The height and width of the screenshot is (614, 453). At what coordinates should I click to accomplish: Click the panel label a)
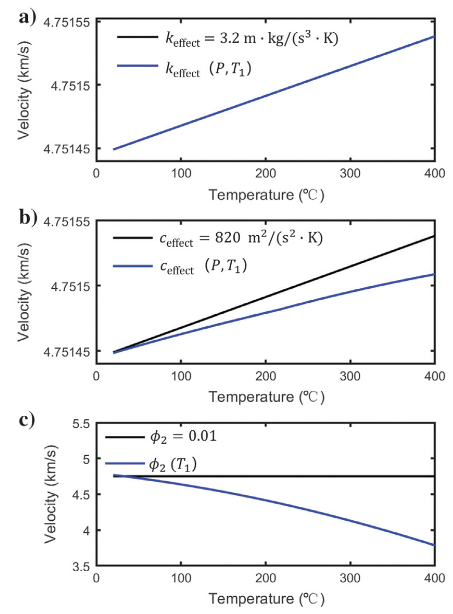26,18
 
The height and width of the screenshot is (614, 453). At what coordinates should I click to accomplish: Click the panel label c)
26,419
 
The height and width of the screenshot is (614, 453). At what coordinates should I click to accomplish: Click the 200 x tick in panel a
266,173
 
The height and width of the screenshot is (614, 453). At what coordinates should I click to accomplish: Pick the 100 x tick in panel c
180,580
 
